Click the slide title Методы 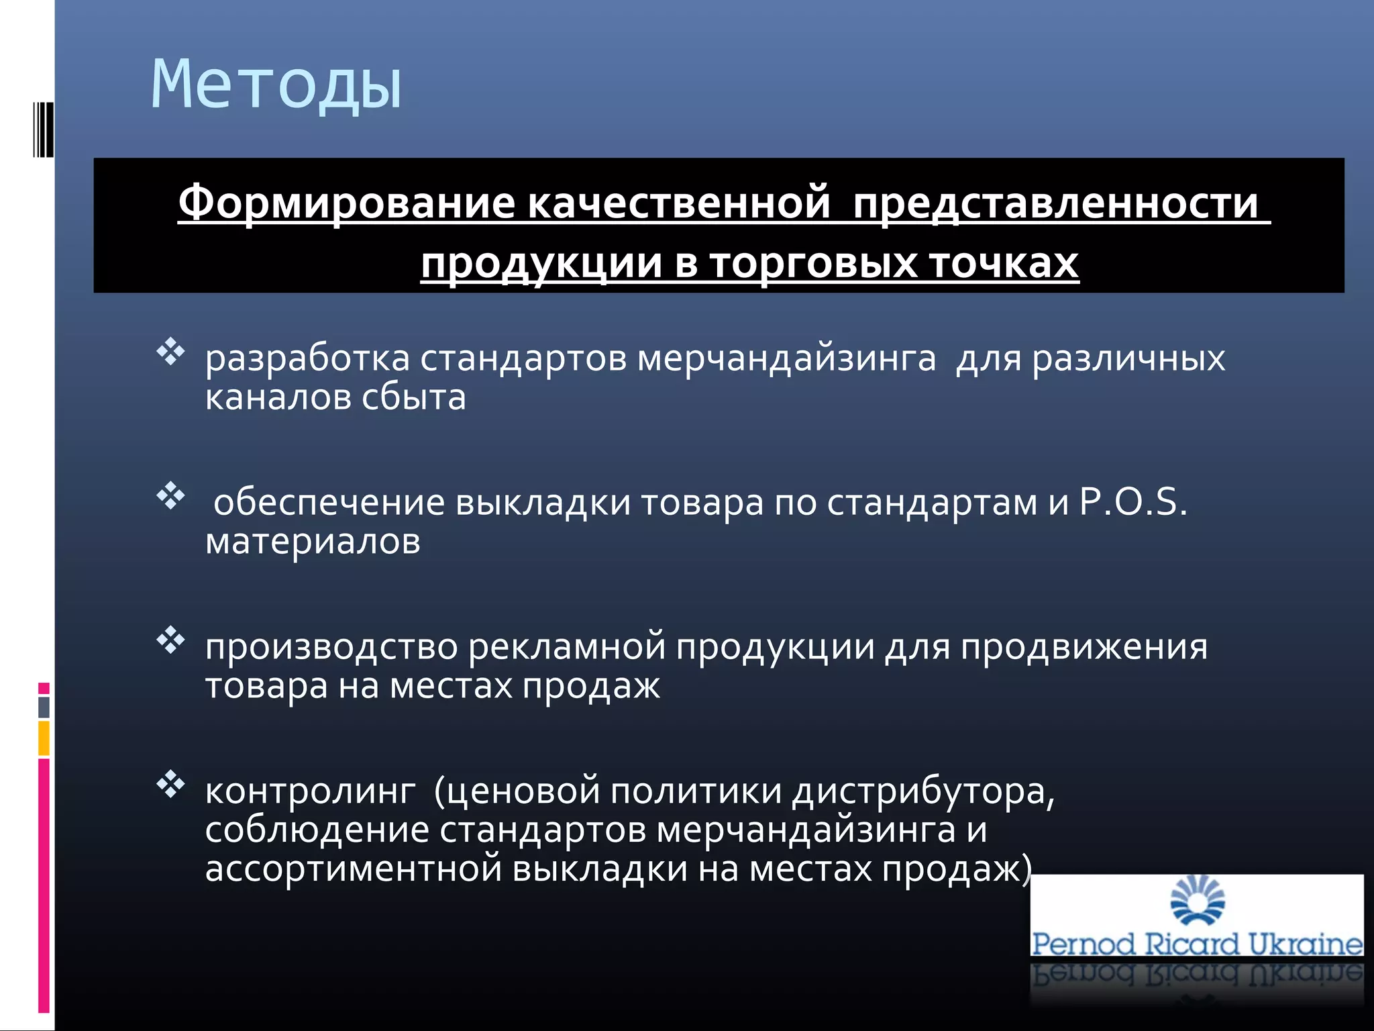click(x=276, y=85)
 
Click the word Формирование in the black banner click(x=347, y=203)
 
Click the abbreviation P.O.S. click(x=1132, y=502)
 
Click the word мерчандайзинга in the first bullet click(x=786, y=358)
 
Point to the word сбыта click(x=413, y=397)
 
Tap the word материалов click(x=313, y=541)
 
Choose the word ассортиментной click(x=354, y=869)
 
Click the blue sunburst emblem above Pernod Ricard click(x=1197, y=900)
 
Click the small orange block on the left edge click(x=44, y=738)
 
